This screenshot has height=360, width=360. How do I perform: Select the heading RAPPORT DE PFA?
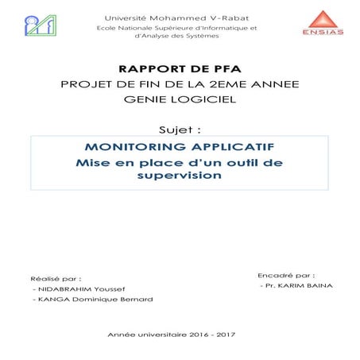click(180, 69)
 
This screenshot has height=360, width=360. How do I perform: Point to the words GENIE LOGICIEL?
click(180, 101)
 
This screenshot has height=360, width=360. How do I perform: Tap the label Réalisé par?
click(55, 279)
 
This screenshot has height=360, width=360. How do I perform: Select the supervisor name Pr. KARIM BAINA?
click(295, 284)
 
